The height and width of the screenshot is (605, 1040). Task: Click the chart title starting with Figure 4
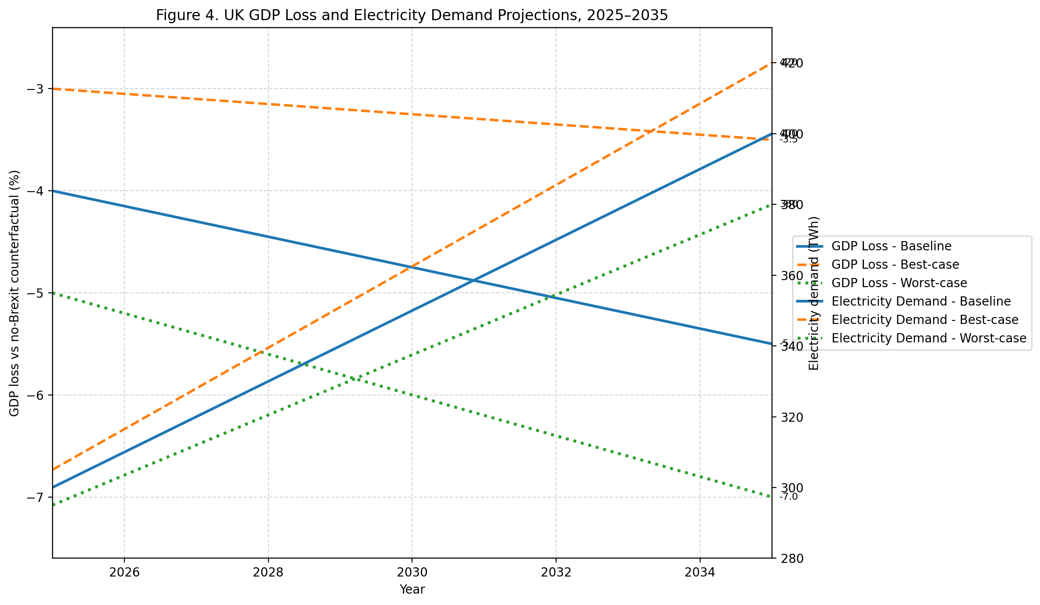click(x=412, y=15)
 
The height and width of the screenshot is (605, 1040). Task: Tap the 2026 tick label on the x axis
click(x=124, y=572)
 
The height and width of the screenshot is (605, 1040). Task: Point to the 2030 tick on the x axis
click(x=412, y=572)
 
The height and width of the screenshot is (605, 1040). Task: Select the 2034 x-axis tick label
click(x=700, y=572)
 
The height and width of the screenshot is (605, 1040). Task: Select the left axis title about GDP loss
click(x=14, y=293)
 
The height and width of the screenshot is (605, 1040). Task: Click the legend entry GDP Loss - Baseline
click(x=891, y=246)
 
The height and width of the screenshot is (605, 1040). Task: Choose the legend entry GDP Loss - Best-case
click(x=895, y=264)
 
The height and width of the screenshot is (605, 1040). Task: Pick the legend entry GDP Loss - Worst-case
click(x=899, y=283)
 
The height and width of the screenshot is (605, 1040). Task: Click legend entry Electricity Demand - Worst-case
click(x=929, y=338)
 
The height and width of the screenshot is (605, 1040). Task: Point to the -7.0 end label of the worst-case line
click(x=789, y=497)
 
